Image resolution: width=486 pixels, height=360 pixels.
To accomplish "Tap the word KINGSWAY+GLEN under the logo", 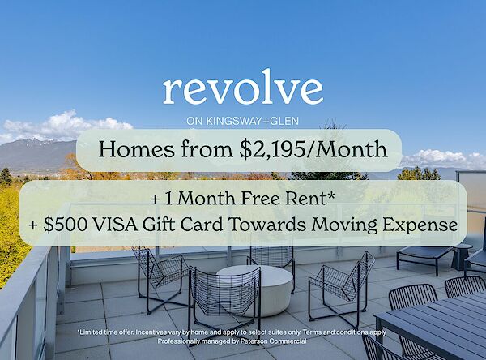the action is (252, 121).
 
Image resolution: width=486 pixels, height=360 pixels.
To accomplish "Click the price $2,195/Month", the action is (313, 150).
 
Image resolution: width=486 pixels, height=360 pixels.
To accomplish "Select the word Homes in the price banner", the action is (136, 149).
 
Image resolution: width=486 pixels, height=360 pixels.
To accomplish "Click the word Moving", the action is (345, 225).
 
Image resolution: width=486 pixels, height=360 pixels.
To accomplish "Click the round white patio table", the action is (256, 289).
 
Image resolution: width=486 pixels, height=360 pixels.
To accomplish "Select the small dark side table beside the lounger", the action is (462, 257).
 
